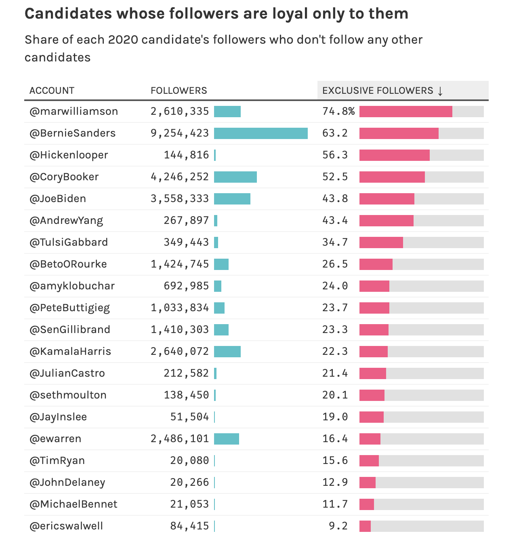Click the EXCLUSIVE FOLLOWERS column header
[377, 91]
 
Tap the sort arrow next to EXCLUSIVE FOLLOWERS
[440, 91]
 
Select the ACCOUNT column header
[52, 91]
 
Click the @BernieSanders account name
[72, 133]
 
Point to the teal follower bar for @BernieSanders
[260, 133]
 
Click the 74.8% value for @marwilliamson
[338, 111]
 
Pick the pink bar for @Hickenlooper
[395, 155]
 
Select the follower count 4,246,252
[180, 177]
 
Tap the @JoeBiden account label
[57, 199]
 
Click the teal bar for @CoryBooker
[235, 177]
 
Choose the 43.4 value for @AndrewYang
[335, 221]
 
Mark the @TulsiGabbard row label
[68, 242]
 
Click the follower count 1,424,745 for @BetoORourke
[180, 264]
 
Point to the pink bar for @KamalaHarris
[374, 351]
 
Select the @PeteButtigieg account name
[69, 308]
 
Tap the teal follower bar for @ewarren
[227, 439]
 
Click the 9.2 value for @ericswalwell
[338, 526]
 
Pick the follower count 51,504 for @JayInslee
[189, 417]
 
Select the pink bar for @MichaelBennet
[366, 504]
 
